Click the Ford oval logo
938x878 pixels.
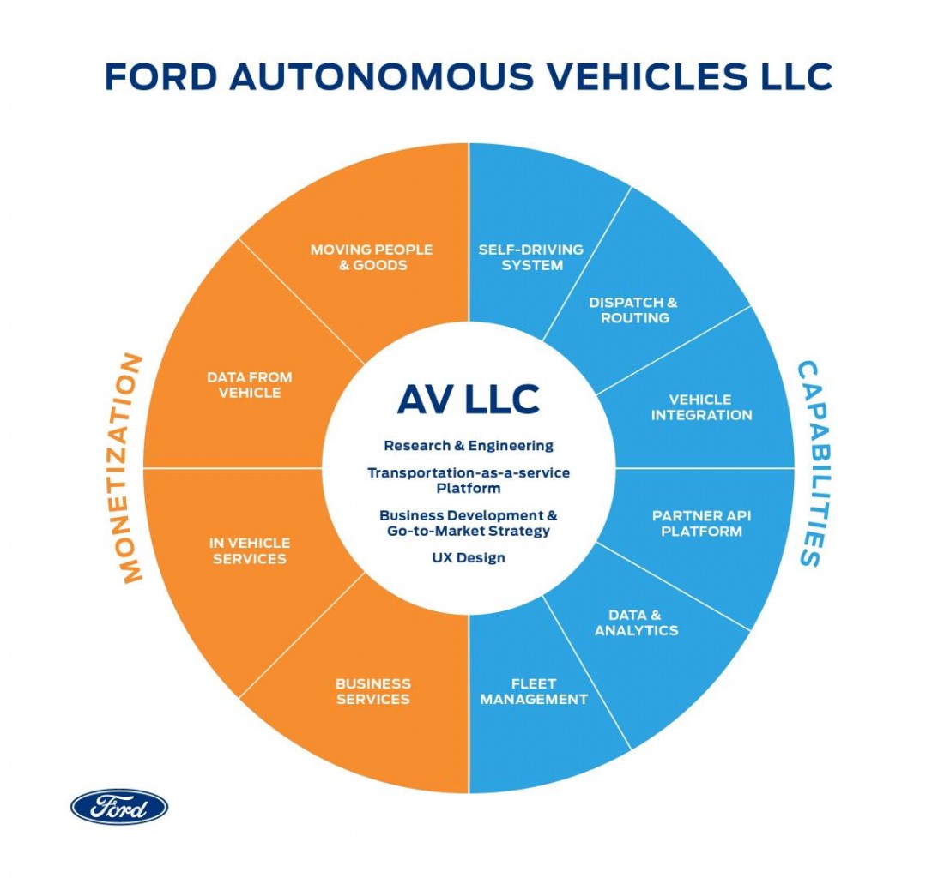click(119, 807)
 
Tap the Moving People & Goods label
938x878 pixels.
click(372, 257)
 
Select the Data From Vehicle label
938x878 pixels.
click(249, 385)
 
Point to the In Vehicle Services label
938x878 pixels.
click(249, 550)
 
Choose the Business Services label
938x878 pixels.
click(372, 691)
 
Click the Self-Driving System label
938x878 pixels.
click(531, 257)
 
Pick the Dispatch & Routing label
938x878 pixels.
click(633, 310)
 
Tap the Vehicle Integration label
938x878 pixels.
click(701, 407)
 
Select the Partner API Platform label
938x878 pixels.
click(701, 524)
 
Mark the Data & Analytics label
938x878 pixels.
click(636, 622)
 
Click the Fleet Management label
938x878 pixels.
click(534, 691)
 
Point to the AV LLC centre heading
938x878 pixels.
click(468, 400)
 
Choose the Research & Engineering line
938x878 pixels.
click(469, 446)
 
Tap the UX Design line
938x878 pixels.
click(469, 558)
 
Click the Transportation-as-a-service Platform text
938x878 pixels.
click(469, 480)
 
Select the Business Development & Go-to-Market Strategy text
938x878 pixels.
click(469, 523)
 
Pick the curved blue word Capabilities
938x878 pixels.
click(810, 463)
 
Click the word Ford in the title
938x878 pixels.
click(160, 77)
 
